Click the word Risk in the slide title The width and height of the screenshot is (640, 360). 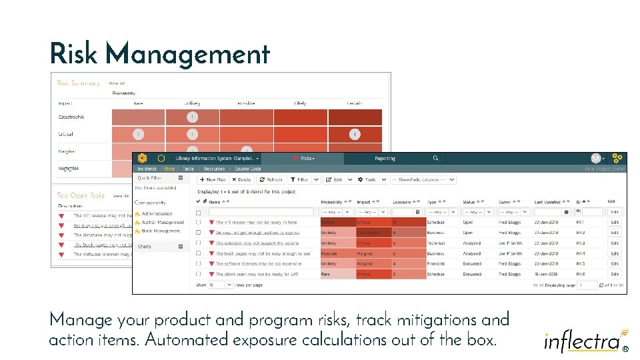click(x=73, y=54)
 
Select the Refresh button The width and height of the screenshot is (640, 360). click(x=271, y=179)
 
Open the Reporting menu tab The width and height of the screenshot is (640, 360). click(x=385, y=159)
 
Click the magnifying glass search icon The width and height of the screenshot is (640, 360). click(x=435, y=159)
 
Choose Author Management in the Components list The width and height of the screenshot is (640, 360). click(x=162, y=223)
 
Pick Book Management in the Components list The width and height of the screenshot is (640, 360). click(x=161, y=231)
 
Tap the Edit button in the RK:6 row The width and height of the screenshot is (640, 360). click(x=615, y=274)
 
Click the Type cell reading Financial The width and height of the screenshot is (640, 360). click(x=436, y=264)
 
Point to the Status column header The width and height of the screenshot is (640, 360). click(x=469, y=201)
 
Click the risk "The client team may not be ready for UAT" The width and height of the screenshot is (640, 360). click(x=257, y=274)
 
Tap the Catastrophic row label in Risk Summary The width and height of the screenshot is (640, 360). click(x=72, y=117)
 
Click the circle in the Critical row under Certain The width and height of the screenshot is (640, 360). click(x=355, y=134)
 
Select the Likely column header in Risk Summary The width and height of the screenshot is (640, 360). click(x=301, y=103)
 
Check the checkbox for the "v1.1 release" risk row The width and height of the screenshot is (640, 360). click(x=198, y=223)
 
